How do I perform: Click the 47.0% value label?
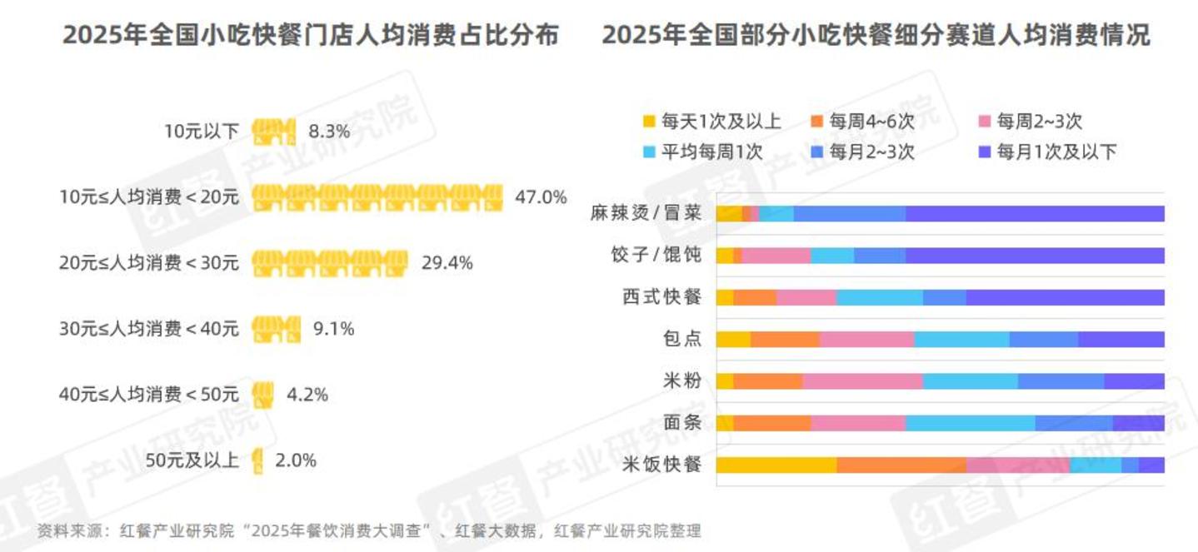point(541,197)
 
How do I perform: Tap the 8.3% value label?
point(329,132)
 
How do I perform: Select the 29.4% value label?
point(447,263)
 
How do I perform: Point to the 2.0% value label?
point(296,460)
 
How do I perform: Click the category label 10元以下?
point(201,132)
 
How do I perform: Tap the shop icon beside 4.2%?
point(263,394)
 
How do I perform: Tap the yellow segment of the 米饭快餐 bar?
point(776,465)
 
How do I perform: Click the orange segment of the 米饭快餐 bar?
point(901,465)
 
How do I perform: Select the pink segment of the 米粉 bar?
point(862,381)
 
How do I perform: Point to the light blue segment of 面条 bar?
point(970,423)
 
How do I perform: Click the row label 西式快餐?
point(662,297)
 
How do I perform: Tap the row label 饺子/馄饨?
point(656,256)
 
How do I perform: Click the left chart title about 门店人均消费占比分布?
point(311,36)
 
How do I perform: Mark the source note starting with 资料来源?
point(369,531)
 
